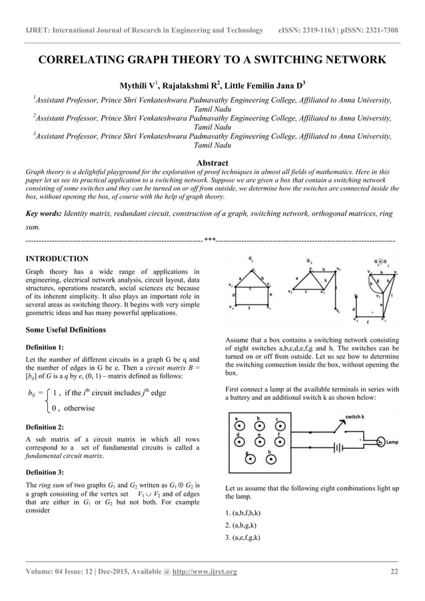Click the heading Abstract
212,163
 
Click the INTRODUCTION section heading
57,258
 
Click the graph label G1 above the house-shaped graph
251,258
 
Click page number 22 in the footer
394,572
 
